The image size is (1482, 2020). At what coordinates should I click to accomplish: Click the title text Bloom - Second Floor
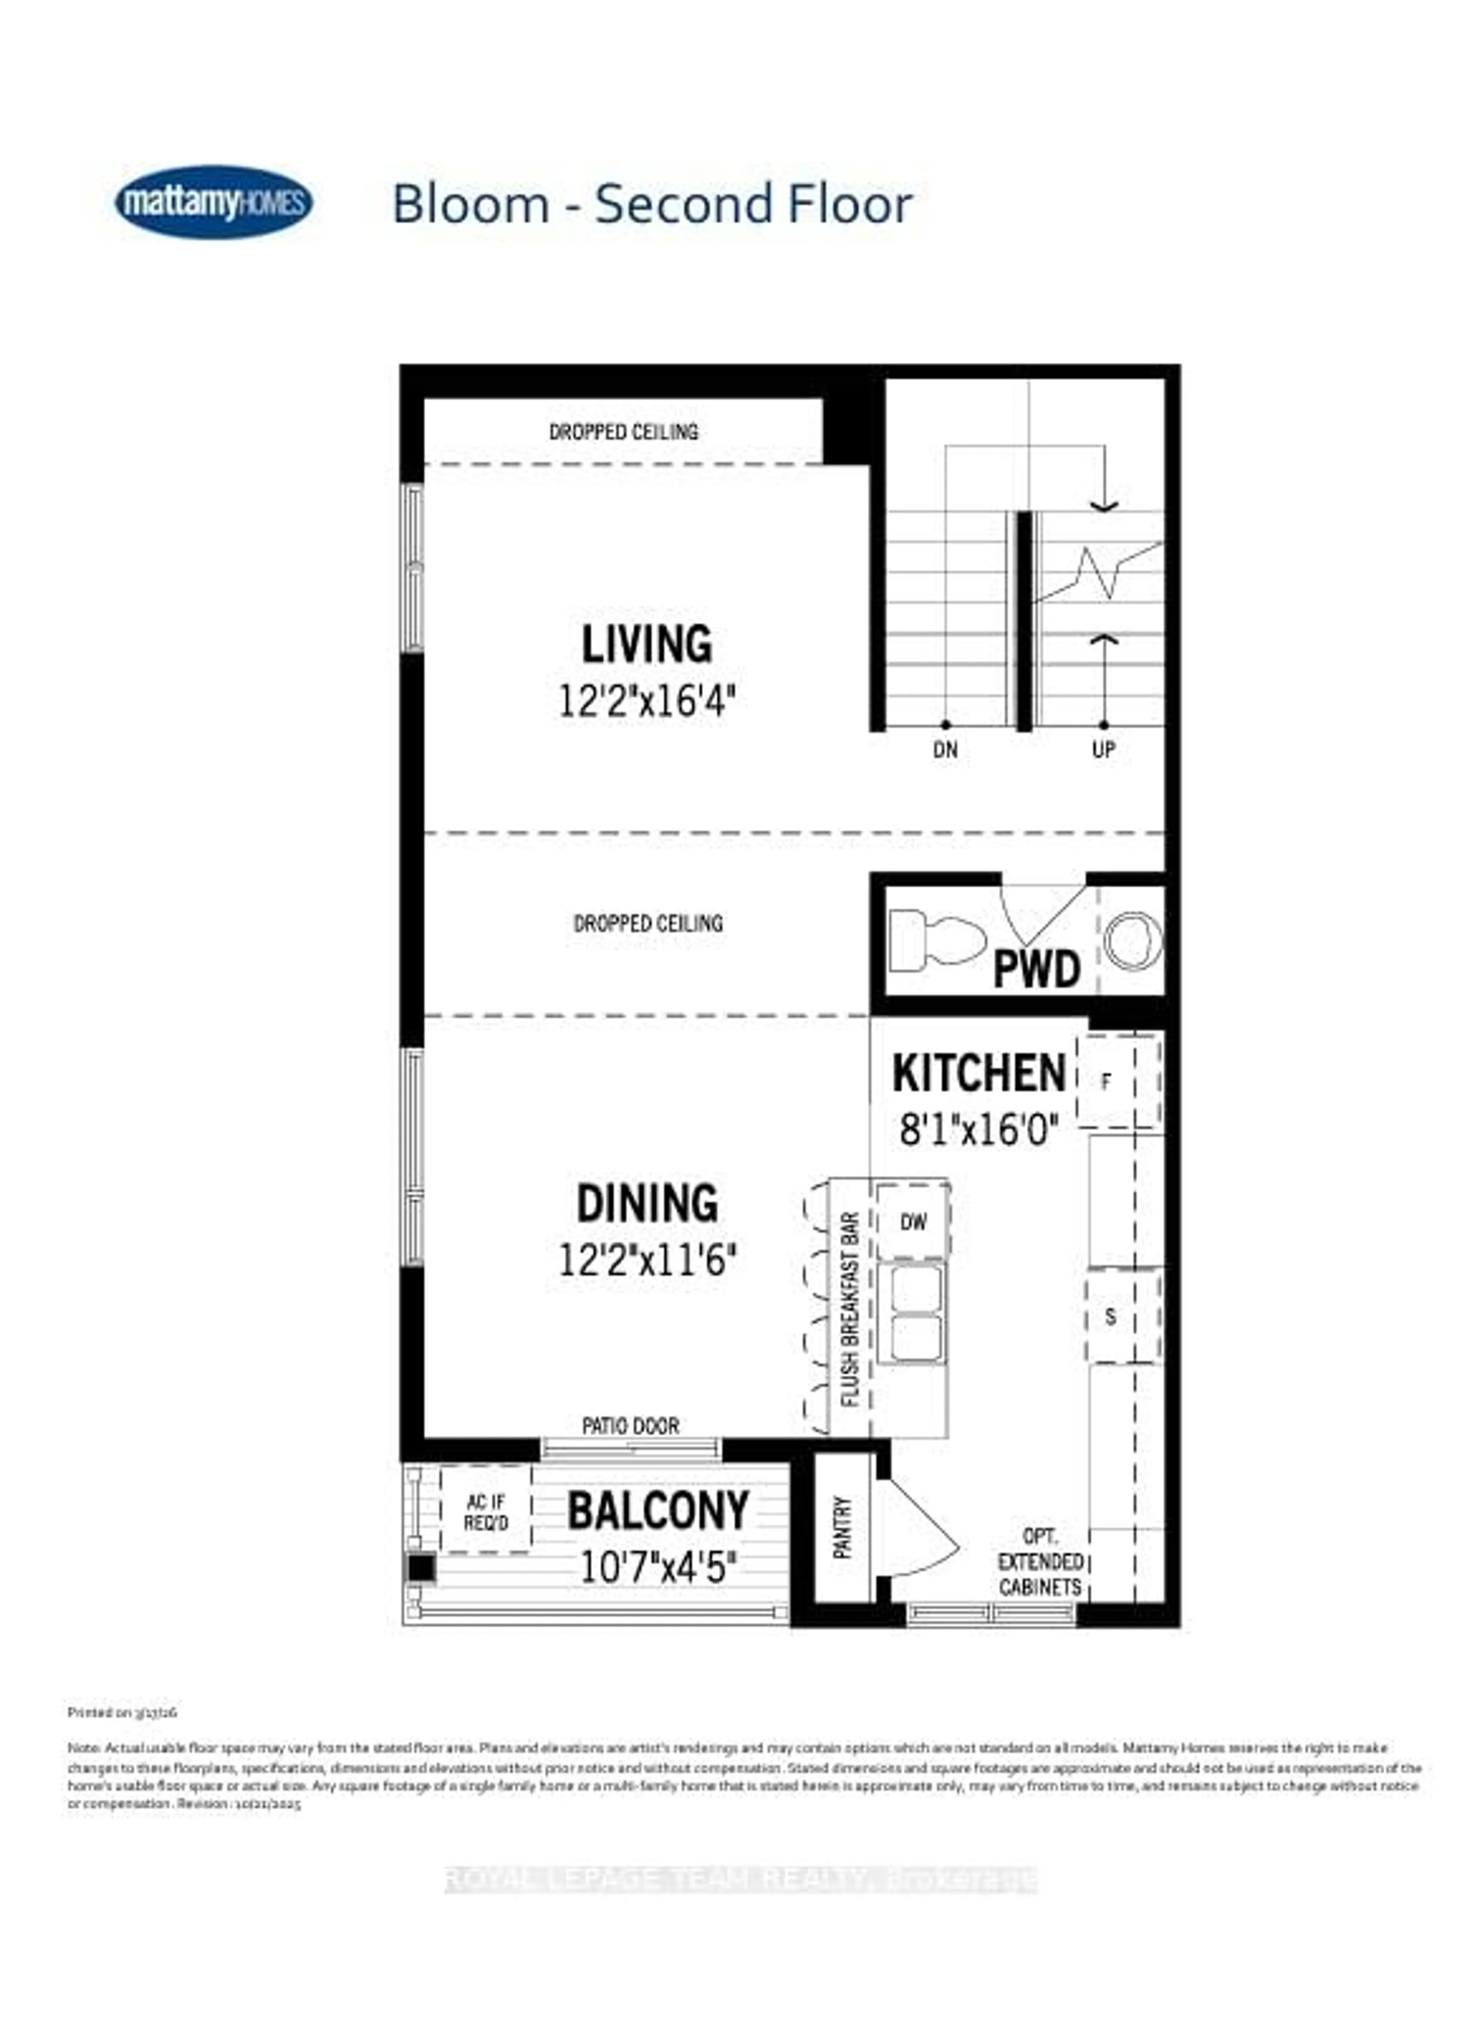652,205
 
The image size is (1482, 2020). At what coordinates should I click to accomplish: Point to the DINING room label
647,1203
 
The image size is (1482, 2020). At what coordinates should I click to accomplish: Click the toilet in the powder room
933,940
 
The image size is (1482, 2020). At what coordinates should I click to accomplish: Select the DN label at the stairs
945,749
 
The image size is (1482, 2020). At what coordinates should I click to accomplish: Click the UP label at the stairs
1103,749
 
